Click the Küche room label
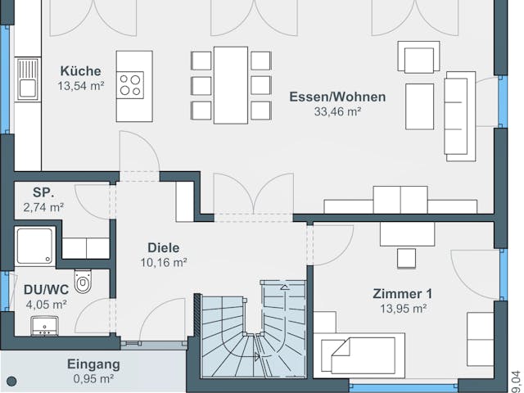point(81,70)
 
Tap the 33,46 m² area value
point(337,112)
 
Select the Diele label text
point(163,247)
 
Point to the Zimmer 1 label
point(402,293)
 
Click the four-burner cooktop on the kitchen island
point(131,84)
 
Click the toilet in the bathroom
point(83,281)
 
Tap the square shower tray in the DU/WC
point(35,246)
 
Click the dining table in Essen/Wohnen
point(231,84)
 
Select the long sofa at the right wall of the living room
point(459,113)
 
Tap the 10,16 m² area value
point(163,263)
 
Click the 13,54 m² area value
point(81,85)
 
